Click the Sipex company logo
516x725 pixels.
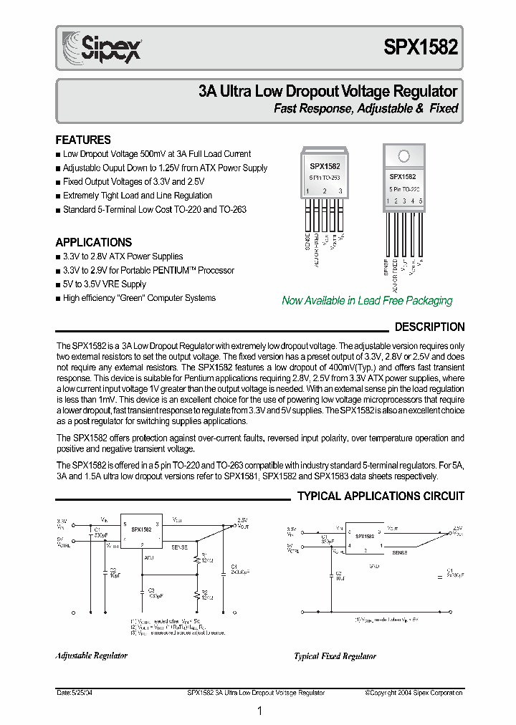(x=100, y=48)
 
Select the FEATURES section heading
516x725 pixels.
(x=83, y=140)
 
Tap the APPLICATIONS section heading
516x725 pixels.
(x=94, y=242)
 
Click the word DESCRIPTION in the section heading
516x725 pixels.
(x=429, y=327)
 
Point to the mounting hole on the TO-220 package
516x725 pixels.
(x=403, y=156)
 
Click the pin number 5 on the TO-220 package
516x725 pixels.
(x=421, y=201)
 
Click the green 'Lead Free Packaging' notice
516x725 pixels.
(x=367, y=301)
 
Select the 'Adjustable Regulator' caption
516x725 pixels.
(x=91, y=655)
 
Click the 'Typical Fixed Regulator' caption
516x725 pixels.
(x=335, y=656)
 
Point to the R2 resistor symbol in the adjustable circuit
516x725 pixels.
(x=196, y=594)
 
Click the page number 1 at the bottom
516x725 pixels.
(x=259, y=711)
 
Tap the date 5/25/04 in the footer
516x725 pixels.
(x=73, y=693)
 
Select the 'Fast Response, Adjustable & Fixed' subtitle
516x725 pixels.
(x=366, y=109)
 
